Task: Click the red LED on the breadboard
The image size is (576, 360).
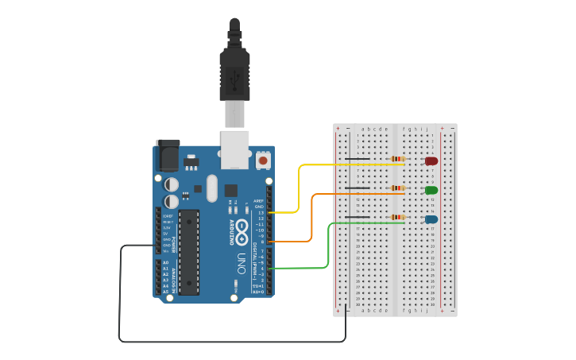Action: (x=431, y=161)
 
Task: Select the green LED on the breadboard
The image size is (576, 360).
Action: (x=431, y=190)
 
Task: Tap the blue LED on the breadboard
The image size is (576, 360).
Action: (x=431, y=219)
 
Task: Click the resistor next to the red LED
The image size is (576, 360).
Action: (x=397, y=159)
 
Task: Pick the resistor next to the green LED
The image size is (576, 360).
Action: (x=397, y=188)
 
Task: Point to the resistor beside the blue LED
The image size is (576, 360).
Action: (x=397, y=217)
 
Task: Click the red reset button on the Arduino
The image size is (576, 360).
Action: (x=263, y=161)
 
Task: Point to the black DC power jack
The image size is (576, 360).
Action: (x=168, y=155)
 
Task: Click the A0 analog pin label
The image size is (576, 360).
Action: (x=166, y=263)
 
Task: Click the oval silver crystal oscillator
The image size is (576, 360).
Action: (x=211, y=188)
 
